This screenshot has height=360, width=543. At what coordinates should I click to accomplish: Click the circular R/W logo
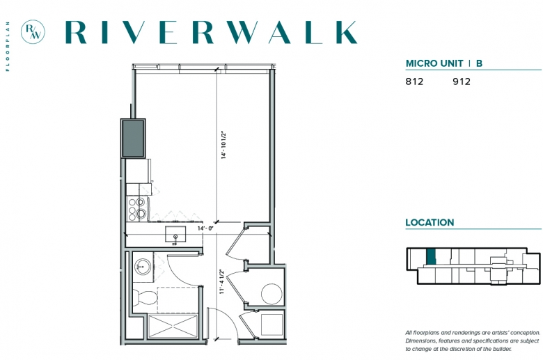click(x=33, y=32)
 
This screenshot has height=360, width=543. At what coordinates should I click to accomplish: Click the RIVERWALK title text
click(x=211, y=32)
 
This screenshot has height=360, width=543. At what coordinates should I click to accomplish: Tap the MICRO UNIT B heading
click(x=444, y=63)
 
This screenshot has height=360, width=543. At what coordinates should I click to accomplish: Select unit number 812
click(x=414, y=81)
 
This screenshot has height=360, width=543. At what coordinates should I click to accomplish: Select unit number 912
click(x=462, y=81)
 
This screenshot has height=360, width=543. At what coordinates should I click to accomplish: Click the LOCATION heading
click(x=430, y=222)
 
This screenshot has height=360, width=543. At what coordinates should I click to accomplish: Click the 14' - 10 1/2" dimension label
click(x=223, y=145)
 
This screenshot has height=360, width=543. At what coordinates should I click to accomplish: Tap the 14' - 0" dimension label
click(x=205, y=228)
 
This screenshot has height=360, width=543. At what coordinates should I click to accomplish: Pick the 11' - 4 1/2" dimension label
click(x=222, y=282)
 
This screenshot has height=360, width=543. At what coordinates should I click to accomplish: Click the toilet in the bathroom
click(x=145, y=297)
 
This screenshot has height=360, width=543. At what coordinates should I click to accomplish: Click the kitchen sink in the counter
click(x=175, y=235)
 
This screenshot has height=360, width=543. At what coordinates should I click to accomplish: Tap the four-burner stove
click(x=137, y=209)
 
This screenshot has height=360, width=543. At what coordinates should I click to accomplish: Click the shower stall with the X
click(x=173, y=326)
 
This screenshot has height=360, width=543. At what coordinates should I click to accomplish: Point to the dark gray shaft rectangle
click(x=133, y=139)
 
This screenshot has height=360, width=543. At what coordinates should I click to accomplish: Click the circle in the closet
click(x=271, y=294)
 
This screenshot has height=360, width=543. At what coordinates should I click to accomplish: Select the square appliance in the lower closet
click(x=271, y=324)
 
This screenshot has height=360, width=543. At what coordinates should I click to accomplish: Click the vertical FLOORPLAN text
click(x=8, y=47)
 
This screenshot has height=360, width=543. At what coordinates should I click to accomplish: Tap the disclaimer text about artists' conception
click(x=473, y=341)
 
